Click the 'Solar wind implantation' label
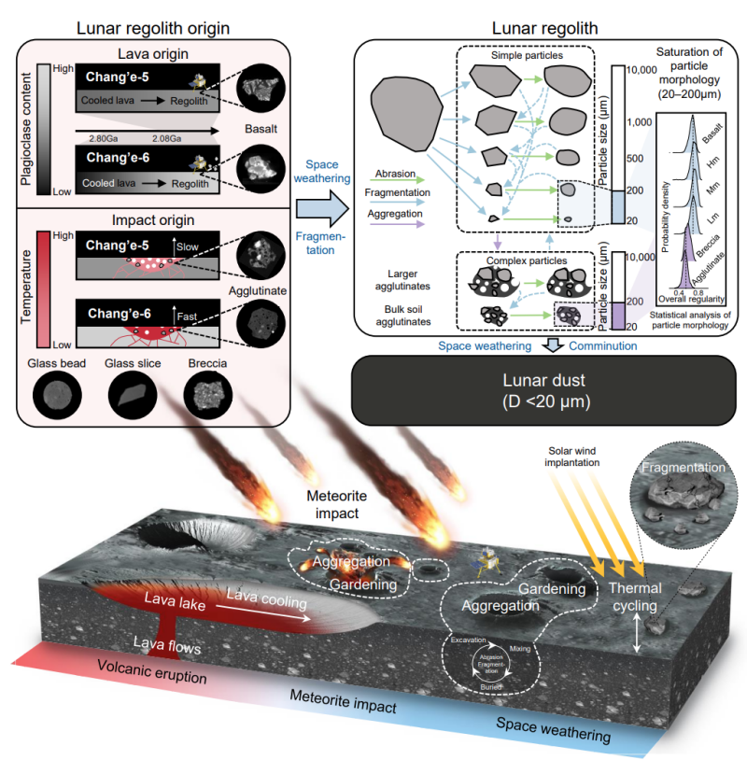(573, 457)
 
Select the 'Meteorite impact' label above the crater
(348, 508)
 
